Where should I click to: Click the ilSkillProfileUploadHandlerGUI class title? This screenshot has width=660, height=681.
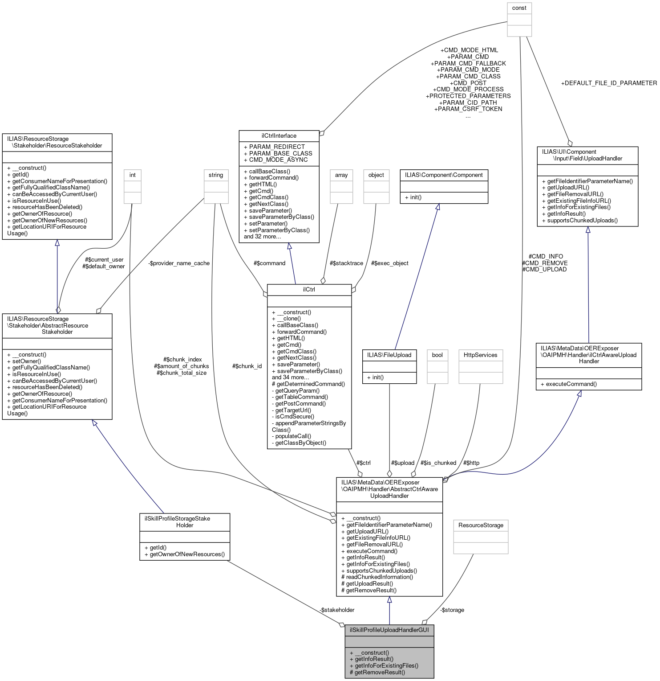pyautogui.click(x=389, y=630)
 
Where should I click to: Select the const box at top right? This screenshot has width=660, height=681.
pyautogui.click(x=519, y=8)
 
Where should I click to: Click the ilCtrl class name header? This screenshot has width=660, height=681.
pyautogui.click(x=309, y=289)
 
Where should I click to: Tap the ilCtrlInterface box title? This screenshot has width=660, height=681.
pyautogui.click(x=279, y=135)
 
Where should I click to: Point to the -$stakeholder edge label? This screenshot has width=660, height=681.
pyautogui.click(x=336, y=610)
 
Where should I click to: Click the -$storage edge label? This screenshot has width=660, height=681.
pyautogui.click(x=452, y=610)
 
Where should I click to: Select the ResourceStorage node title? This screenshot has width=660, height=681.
pyautogui.click(x=481, y=525)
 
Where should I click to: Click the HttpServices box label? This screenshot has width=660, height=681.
pyautogui.click(x=480, y=355)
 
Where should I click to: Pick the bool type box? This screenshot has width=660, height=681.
pyautogui.click(x=437, y=355)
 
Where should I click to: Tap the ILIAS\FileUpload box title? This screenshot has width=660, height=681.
pyautogui.click(x=389, y=355)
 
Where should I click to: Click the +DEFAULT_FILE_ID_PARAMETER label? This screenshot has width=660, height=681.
pyautogui.click(x=609, y=83)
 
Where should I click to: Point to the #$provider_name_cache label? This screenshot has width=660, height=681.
pyautogui.click(x=179, y=263)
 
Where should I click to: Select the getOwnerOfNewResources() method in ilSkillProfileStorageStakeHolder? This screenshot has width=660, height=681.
pyautogui.click(x=184, y=554)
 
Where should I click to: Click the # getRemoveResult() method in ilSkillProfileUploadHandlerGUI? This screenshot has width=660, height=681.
pyautogui.click(x=377, y=672)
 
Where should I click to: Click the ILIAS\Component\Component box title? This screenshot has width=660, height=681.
pyautogui.click(x=444, y=175)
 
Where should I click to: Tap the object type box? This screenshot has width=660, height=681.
pyautogui.click(x=376, y=175)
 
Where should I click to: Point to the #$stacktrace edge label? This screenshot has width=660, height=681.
pyautogui.click(x=346, y=263)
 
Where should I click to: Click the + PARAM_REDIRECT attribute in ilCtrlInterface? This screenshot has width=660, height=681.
pyautogui.click(x=274, y=147)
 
